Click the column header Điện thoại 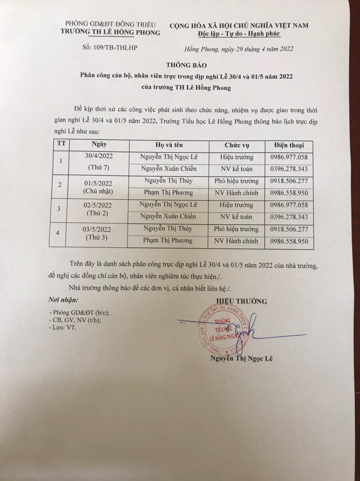289,145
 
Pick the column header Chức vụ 236,145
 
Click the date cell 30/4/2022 99,155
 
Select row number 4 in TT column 58,233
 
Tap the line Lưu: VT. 63,328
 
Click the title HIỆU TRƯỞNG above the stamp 241,301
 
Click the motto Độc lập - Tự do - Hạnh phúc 239,34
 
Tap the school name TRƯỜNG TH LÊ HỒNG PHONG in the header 110,32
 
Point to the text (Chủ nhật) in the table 99,191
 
